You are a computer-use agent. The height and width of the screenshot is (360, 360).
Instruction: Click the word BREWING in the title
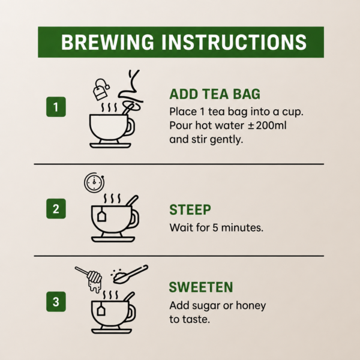107,42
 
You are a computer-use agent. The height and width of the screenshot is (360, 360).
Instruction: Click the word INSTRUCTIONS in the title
234,42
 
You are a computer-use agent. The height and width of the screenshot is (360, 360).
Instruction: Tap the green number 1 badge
56,107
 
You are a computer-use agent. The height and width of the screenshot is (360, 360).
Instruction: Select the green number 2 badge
56,209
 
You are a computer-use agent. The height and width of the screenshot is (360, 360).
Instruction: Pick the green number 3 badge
56,302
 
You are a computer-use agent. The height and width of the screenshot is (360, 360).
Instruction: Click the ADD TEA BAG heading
215,94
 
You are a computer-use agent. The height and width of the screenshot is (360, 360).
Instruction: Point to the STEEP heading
190,209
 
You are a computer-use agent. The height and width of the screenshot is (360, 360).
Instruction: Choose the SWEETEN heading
201,287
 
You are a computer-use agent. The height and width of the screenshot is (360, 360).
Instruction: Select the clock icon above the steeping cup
94,182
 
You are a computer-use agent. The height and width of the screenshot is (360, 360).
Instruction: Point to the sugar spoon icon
130,274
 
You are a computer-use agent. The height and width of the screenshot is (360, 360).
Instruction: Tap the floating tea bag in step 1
101,89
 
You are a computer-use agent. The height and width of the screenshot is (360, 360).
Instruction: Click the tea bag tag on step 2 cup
101,216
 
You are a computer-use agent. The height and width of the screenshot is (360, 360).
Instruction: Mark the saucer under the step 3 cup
112,331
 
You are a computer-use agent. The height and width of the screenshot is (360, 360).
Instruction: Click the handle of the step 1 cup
131,127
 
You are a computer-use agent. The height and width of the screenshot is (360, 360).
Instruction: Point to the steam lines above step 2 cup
112,199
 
